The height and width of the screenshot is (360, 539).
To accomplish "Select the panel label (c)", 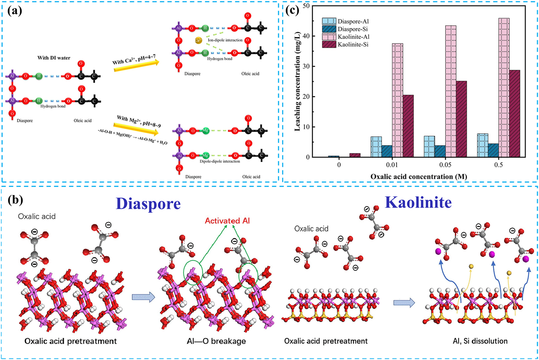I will [295, 11].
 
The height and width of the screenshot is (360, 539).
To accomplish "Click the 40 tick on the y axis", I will [303, 36].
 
